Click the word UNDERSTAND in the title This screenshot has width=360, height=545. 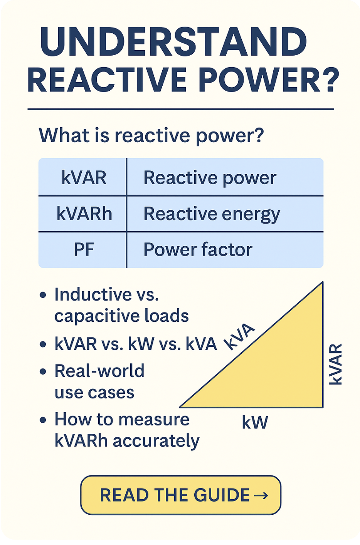pyautogui.click(x=173, y=42)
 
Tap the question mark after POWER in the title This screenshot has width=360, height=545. pyautogui.click(x=330, y=79)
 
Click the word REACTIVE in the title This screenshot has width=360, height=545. pyautogui.click(x=107, y=79)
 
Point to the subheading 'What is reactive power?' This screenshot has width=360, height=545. pyautogui.click(x=151, y=135)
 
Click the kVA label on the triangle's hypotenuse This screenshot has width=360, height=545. pyautogui.click(x=239, y=337)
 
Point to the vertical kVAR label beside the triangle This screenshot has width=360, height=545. pyautogui.click(x=336, y=364)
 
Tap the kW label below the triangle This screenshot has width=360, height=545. pyautogui.click(x=255, y=423)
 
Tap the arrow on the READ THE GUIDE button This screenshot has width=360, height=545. pyautogui.click(x=261, y=495)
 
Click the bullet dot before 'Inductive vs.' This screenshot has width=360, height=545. pyautogui.click(x=43, y=295)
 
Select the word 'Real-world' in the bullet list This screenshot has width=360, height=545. pyautogui.click(x=100, y=371)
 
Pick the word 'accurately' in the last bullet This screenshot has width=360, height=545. pyautogui.click(x=156, y=441)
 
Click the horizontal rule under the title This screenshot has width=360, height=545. pyautogui.click(x=181, y=109)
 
